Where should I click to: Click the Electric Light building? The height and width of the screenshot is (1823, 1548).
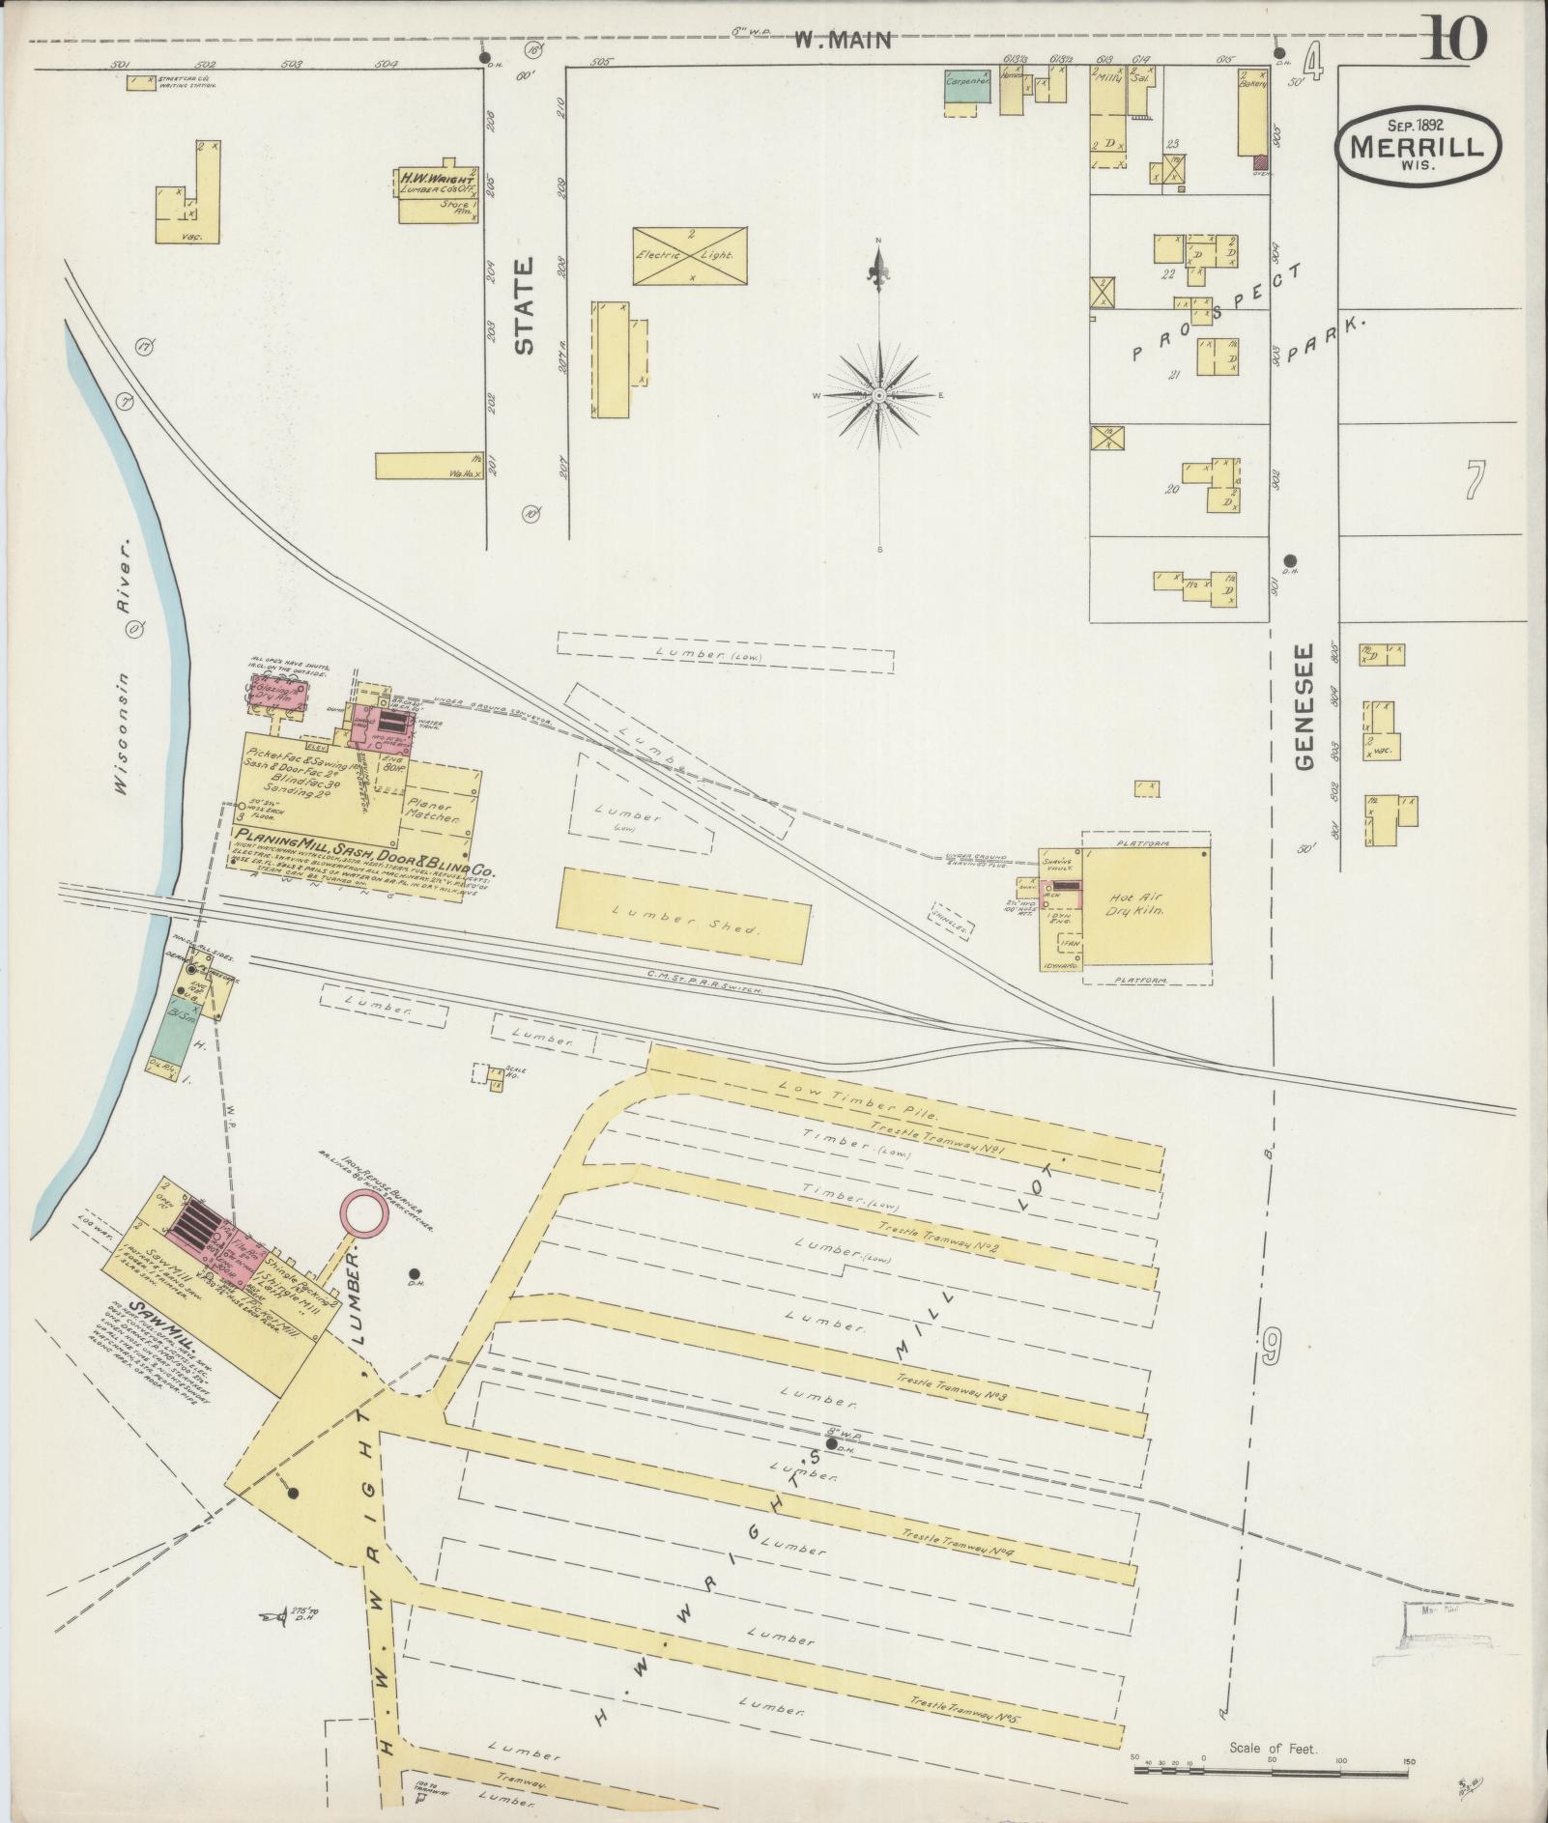tap(690, 256)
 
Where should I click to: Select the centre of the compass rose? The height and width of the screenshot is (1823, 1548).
tap(879, 396)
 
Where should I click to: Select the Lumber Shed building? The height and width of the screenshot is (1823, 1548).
tap(684, 916)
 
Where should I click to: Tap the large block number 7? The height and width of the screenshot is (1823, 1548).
tap(1473, 480)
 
